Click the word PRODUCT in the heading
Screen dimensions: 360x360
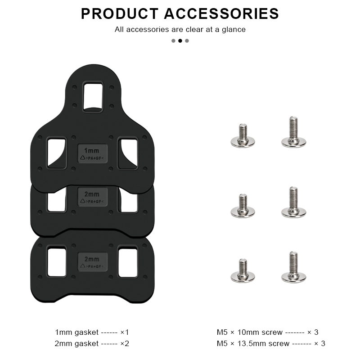[120, 13]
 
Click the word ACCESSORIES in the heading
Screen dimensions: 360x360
[221, 13]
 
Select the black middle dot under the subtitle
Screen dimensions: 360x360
[180, 40]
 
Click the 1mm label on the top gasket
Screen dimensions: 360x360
[92, 151]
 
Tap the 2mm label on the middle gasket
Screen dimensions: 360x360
[92, 194]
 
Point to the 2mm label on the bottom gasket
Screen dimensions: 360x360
[92, 259]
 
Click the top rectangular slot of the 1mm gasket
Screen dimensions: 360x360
[93, 96]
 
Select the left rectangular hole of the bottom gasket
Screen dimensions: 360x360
[57, 261]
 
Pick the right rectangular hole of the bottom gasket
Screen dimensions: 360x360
[128, 261]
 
